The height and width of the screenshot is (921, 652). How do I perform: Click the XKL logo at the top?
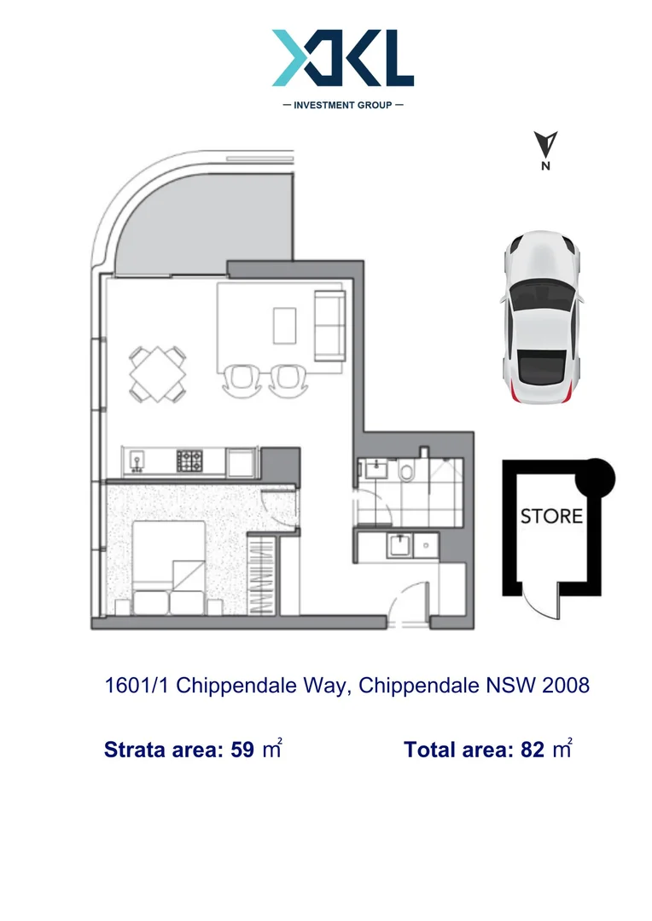343,58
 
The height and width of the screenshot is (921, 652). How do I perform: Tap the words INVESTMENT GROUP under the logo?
342,105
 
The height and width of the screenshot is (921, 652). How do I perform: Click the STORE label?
552,516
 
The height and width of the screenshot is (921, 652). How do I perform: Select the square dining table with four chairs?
158,374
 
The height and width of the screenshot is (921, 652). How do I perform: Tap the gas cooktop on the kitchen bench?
189,460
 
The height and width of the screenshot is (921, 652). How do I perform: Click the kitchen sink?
137,462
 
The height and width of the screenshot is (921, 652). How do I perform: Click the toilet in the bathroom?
405,471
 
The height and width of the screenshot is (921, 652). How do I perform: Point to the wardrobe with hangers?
263,575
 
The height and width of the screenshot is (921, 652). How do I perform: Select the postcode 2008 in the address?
566,686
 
